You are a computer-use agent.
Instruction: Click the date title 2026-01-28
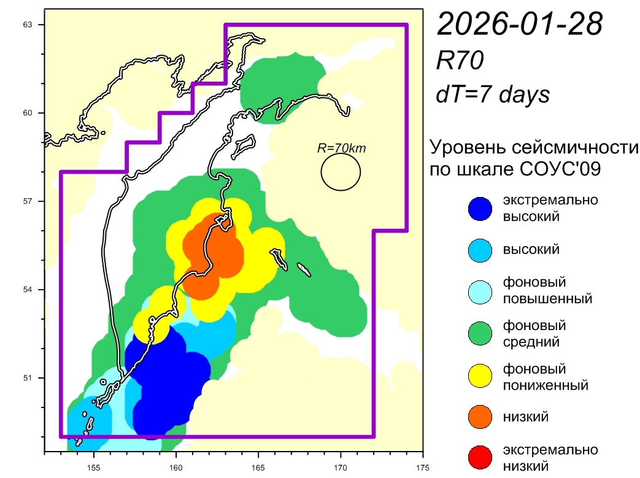(519, 25)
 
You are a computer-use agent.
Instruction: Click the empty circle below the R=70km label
(341, 172)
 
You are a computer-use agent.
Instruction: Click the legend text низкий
(526, 417)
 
